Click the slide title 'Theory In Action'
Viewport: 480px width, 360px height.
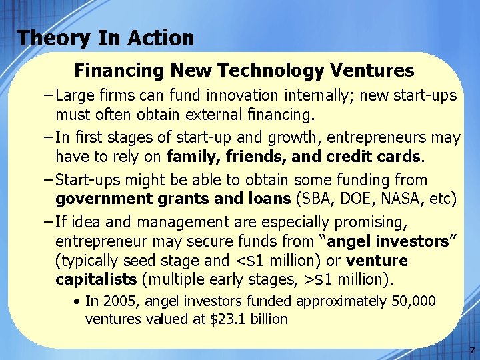pyautogui.click(x=105, y=37)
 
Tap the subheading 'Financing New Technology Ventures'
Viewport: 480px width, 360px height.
pyautogui.click(x=244, y=70)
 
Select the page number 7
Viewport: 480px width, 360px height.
pyautogui.click(x=471, y=349)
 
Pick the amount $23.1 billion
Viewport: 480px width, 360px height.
pyautogui.click(x=249, y=319)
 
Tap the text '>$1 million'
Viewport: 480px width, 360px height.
pyautogui.click(x=352, y=278)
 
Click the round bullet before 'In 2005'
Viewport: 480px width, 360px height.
pyautogui.click(x=78, y=302)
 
